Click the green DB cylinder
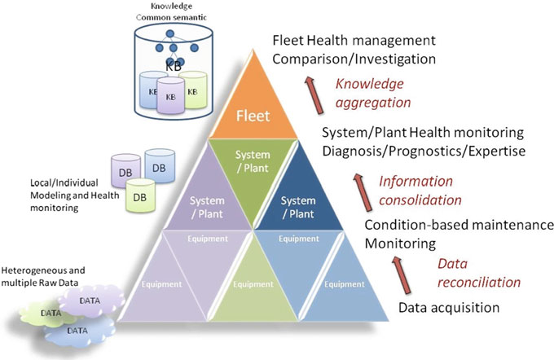pyautogui.click(x=140, y=196)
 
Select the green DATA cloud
pyautogui.click(x=48, y=312)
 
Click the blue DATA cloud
pyautogui.click(x=77, y=331)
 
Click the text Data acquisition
pyautogui.click(x=448, y=308)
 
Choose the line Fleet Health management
pyautogui.click(x=354, y=40)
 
